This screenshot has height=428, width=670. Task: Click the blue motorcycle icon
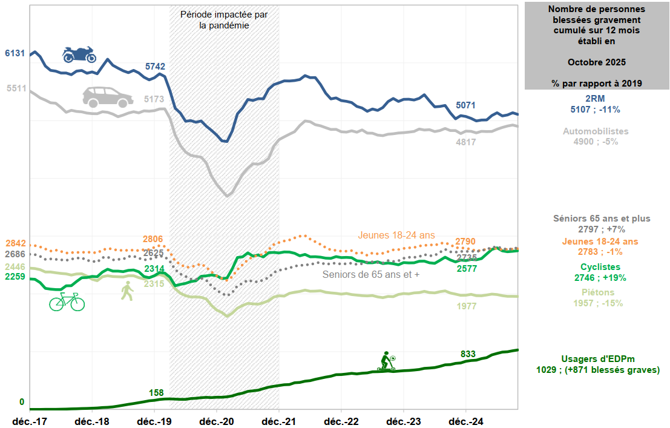tap(79, 54)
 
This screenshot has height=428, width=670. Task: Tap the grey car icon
tap(108, 97)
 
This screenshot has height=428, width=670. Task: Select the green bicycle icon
tap(67, 301)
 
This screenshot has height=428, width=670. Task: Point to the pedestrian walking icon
tap(127, 291)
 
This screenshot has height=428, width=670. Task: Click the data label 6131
tap(15, 53)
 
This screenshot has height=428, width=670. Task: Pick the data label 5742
tap(155, 67)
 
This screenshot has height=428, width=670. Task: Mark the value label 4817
tap(465, 143)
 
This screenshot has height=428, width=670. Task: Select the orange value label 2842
tap(15, 243)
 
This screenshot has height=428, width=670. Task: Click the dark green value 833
tap(468, 354)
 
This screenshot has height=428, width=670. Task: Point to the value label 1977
tap(465, 306)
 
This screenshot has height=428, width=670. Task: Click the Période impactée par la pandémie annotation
tap(224, 20)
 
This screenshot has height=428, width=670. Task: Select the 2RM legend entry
tap(596, 104)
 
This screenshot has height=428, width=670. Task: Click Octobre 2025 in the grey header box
tap(596, 62)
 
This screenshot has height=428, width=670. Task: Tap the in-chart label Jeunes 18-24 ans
tap(396, 235)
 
